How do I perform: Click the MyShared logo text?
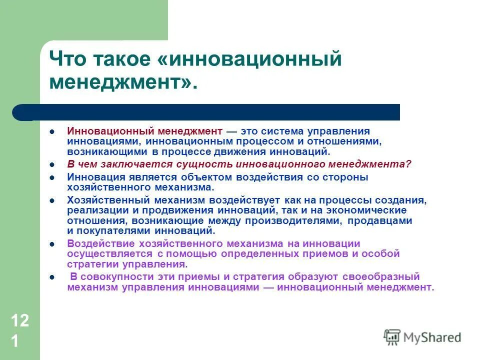click(432, 337)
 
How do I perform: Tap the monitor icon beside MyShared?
click(392, 337)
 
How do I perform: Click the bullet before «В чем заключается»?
click(52, 164)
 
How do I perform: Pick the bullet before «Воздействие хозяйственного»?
click(52, 244)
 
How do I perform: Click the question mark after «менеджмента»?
click(408, 164)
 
